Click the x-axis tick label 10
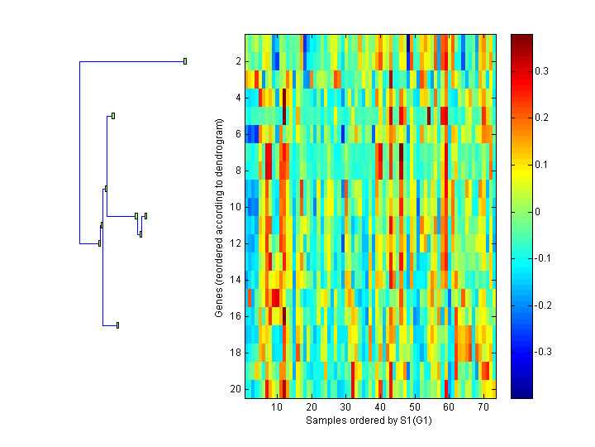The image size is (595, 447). tap(277, 407)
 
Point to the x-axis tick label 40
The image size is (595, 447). tap(380, 407)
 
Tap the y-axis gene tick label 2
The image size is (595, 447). tap(237, 61)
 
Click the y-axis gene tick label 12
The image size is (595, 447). tap(235, 243)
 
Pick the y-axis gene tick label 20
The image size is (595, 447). tap(235, 389)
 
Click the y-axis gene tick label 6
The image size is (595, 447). tap(237, 134)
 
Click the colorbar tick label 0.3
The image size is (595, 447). tap(542, 72)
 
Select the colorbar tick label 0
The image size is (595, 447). tap(539, 212)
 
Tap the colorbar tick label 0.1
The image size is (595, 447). tap(542, 166)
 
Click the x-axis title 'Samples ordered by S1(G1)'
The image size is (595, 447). tap(369, 421)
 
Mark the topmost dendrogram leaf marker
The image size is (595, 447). tap(185, 61)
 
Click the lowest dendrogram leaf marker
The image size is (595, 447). tap(118, 325)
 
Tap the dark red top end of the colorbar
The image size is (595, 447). tap(521, 38)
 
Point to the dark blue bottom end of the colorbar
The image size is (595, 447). tap(521, 394)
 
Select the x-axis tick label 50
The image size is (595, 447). tap(414, 407)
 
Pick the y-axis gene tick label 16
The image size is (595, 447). tap(235, 316)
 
